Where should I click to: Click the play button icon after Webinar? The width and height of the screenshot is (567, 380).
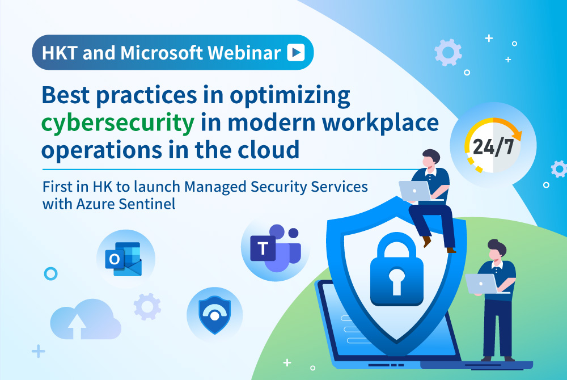pyautogui.click(x=295, y=53)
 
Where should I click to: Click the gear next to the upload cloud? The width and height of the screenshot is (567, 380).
pyautogui.click(x=147, y=306)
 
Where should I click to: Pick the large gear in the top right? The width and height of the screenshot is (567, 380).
pyautogui.click(x=447, y=53)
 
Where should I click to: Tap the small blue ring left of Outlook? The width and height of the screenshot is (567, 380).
pyautogui.click(x=50, y=274)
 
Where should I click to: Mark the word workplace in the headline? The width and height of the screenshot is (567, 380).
pyautogui.click(x=386, y=123)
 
